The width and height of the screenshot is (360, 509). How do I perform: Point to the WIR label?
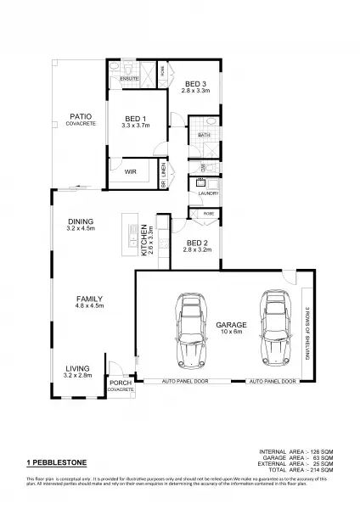(x=130, y=171)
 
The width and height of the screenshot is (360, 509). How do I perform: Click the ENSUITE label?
(x=129, y=78)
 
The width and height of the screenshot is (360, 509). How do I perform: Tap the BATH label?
(x=204, y=135)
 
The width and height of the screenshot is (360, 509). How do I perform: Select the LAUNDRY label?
(x=208, y=193)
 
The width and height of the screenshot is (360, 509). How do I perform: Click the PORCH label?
(x=120, y=384)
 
